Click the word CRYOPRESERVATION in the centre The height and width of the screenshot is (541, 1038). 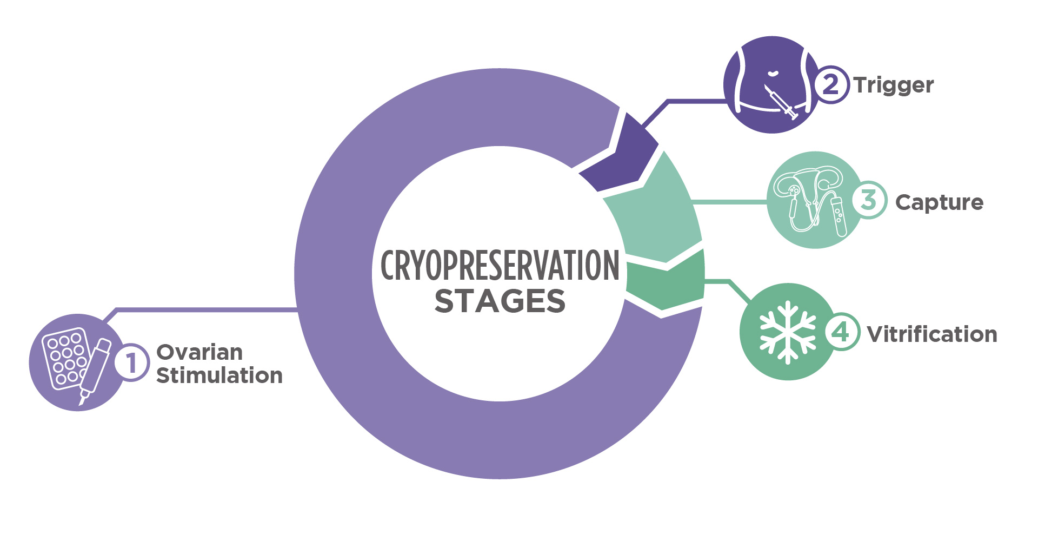(500, 266)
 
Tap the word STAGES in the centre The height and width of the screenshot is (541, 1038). (500, 301)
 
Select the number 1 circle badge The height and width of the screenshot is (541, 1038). (132, 362)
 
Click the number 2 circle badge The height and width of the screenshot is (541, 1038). (831, 84)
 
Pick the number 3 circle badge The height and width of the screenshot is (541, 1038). (869, 200)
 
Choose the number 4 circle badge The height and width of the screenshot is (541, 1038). (842, 332)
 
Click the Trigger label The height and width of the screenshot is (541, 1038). (894, 85)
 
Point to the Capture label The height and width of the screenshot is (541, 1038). (939, 202)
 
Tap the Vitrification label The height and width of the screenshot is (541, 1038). (931, 334)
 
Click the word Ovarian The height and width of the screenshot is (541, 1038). (199, 352)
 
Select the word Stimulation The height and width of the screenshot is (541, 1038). (219, 375)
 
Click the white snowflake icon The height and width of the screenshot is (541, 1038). (788, 332)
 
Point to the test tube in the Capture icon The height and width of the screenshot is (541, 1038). (839, 216)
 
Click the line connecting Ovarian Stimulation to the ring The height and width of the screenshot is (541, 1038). (205, 310)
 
